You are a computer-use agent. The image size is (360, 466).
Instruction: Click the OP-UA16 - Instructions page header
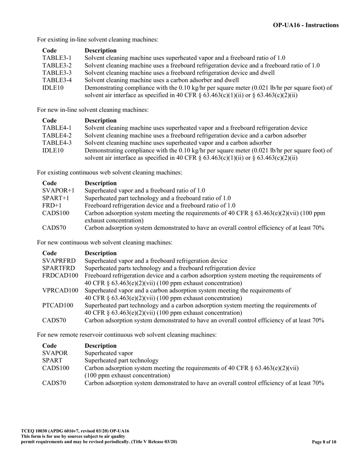click(305, 25)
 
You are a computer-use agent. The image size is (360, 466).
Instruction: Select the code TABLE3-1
click(56, 58)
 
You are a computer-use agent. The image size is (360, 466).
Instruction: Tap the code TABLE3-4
click(56, 80)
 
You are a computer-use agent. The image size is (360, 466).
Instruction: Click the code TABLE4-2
click(56, 135)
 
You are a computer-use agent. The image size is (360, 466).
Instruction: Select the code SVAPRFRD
click(59, 261)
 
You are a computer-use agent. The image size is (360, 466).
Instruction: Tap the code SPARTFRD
click(58, 268)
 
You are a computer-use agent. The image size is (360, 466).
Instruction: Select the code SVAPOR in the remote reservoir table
click(55, 353)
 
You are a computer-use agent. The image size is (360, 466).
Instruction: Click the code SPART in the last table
click(52, 360)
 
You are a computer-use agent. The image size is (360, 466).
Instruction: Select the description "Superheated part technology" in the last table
click(121, 360)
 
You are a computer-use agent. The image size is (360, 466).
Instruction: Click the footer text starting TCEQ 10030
click(75, 431)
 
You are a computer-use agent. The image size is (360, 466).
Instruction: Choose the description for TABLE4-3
click(178, 143)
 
